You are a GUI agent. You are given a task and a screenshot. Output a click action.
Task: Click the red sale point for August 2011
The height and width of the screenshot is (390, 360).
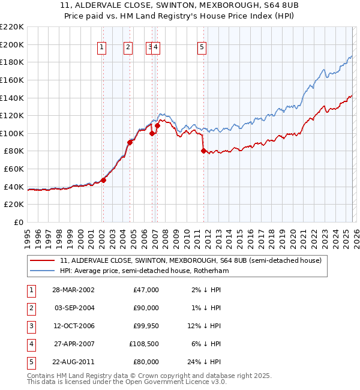[203, 151]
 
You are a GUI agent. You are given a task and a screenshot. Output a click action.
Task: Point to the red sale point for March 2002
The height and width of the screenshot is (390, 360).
[103, 180]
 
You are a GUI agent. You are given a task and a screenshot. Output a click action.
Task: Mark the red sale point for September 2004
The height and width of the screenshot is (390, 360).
[129, 142]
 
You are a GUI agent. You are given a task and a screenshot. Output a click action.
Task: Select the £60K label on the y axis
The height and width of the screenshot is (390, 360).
[14, 169]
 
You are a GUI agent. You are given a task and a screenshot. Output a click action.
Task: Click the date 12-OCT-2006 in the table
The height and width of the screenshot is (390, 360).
[73, 326]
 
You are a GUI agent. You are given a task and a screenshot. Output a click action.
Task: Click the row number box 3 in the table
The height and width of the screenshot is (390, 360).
[30, 326]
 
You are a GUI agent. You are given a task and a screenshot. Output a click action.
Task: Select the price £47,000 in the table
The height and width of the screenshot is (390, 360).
[145, 290]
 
